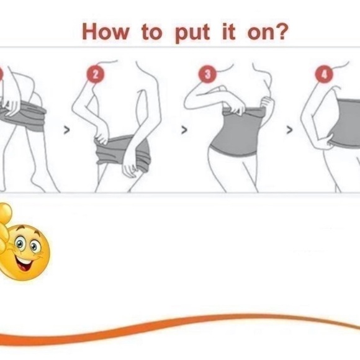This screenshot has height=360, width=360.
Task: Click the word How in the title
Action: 106,32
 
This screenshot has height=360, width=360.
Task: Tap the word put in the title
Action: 192,34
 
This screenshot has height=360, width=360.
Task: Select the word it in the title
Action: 229,31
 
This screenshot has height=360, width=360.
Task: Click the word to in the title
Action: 152,32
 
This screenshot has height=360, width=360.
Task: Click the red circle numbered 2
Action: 96,74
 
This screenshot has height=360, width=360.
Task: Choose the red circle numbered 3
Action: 207,74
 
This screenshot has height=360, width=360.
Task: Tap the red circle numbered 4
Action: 324,74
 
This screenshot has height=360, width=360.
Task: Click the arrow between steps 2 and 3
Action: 184,130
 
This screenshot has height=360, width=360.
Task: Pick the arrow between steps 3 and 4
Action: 290,130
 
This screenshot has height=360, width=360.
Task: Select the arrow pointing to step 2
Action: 66,130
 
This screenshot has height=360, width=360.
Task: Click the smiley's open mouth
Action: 24,264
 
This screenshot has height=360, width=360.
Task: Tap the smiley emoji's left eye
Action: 20,243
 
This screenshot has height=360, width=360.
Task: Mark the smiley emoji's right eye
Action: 34,246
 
